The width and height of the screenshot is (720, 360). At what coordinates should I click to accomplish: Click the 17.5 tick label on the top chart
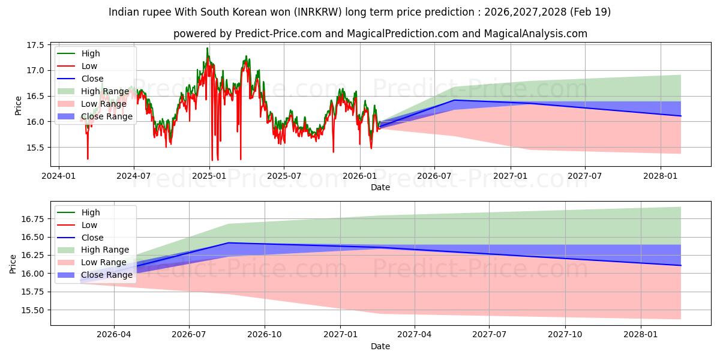(35, 45)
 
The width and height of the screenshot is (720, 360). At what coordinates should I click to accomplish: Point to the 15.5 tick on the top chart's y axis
(35, 148)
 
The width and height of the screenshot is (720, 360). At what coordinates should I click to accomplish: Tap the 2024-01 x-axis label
(59, 176)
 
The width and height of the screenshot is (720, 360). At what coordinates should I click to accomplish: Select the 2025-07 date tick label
(284, 176)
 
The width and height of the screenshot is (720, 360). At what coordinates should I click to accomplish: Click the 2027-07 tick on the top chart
(584, 176)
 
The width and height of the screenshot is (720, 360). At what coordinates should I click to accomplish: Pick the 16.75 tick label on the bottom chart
(32, 219)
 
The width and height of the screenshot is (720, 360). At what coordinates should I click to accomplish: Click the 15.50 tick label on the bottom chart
(32, 310)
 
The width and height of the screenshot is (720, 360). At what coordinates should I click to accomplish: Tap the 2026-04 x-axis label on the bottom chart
(114, 335)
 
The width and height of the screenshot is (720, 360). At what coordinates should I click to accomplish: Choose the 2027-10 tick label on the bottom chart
(565, 335)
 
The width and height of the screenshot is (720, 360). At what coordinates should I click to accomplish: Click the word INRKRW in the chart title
(318, 12)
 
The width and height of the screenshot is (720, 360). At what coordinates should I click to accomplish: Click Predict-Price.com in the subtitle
(278, 34)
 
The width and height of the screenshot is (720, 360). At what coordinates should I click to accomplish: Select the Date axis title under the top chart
(380, 187)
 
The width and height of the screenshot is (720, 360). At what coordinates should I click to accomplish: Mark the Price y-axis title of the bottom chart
(13, 264)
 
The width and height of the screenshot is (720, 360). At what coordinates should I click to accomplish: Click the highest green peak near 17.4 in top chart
(208, 48)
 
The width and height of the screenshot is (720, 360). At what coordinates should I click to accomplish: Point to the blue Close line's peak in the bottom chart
(228, 242)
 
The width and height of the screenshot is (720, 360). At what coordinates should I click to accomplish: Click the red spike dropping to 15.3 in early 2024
(88, 159)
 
